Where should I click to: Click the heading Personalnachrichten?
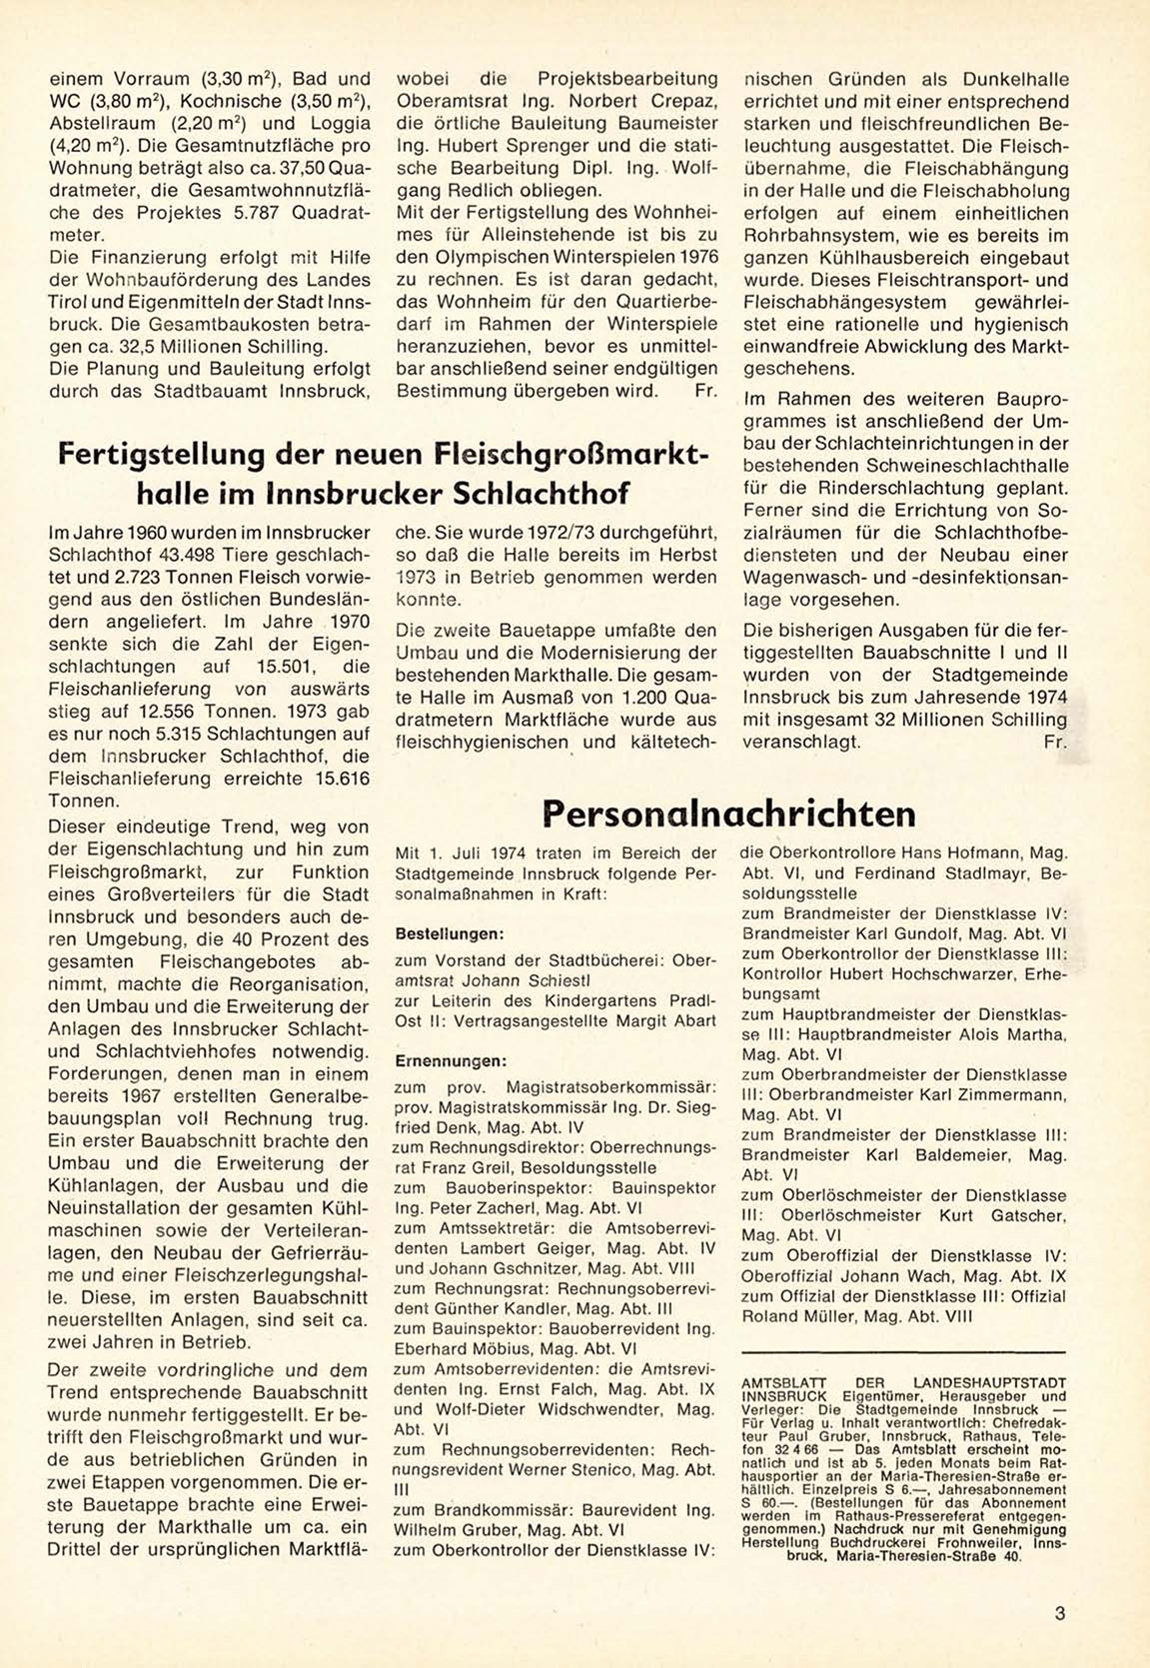point(728,814)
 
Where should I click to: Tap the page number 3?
point(1059,1612)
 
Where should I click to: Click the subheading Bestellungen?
point(449,934)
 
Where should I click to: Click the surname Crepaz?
point(681,101)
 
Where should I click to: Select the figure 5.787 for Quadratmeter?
point(257,213)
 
